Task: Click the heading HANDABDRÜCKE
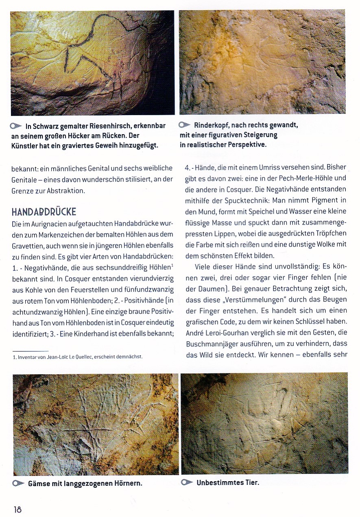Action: pyautogui.click(x=44, y=212)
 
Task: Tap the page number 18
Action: pyautogui.click(x=17, y=509)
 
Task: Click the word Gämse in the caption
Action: pyautogui.click(x=39, y=484)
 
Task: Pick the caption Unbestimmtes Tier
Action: pyautogui.click(x=227, y=483)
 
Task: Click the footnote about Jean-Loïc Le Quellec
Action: pyautogui.click(x=77, y=357)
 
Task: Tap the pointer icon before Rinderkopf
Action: pyautogui.click(x=185, y=125)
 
